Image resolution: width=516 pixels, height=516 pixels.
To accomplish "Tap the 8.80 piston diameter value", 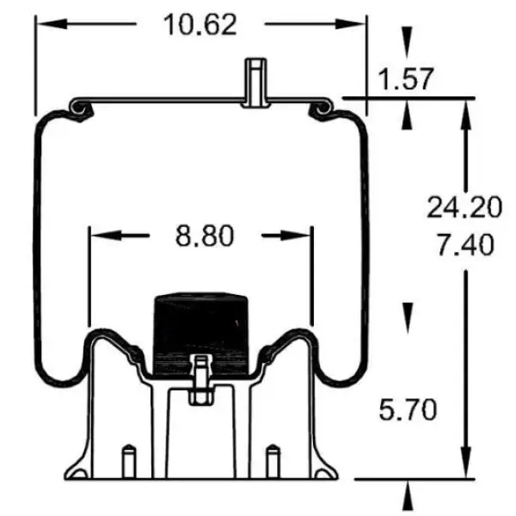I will pyautogui.click(x=205, y=235).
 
